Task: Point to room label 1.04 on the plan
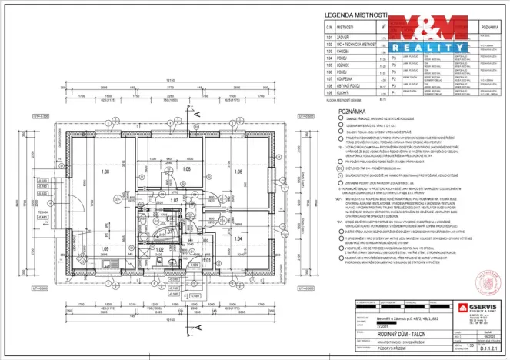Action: coord(238,239)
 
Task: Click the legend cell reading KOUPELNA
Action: coord(351,78)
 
